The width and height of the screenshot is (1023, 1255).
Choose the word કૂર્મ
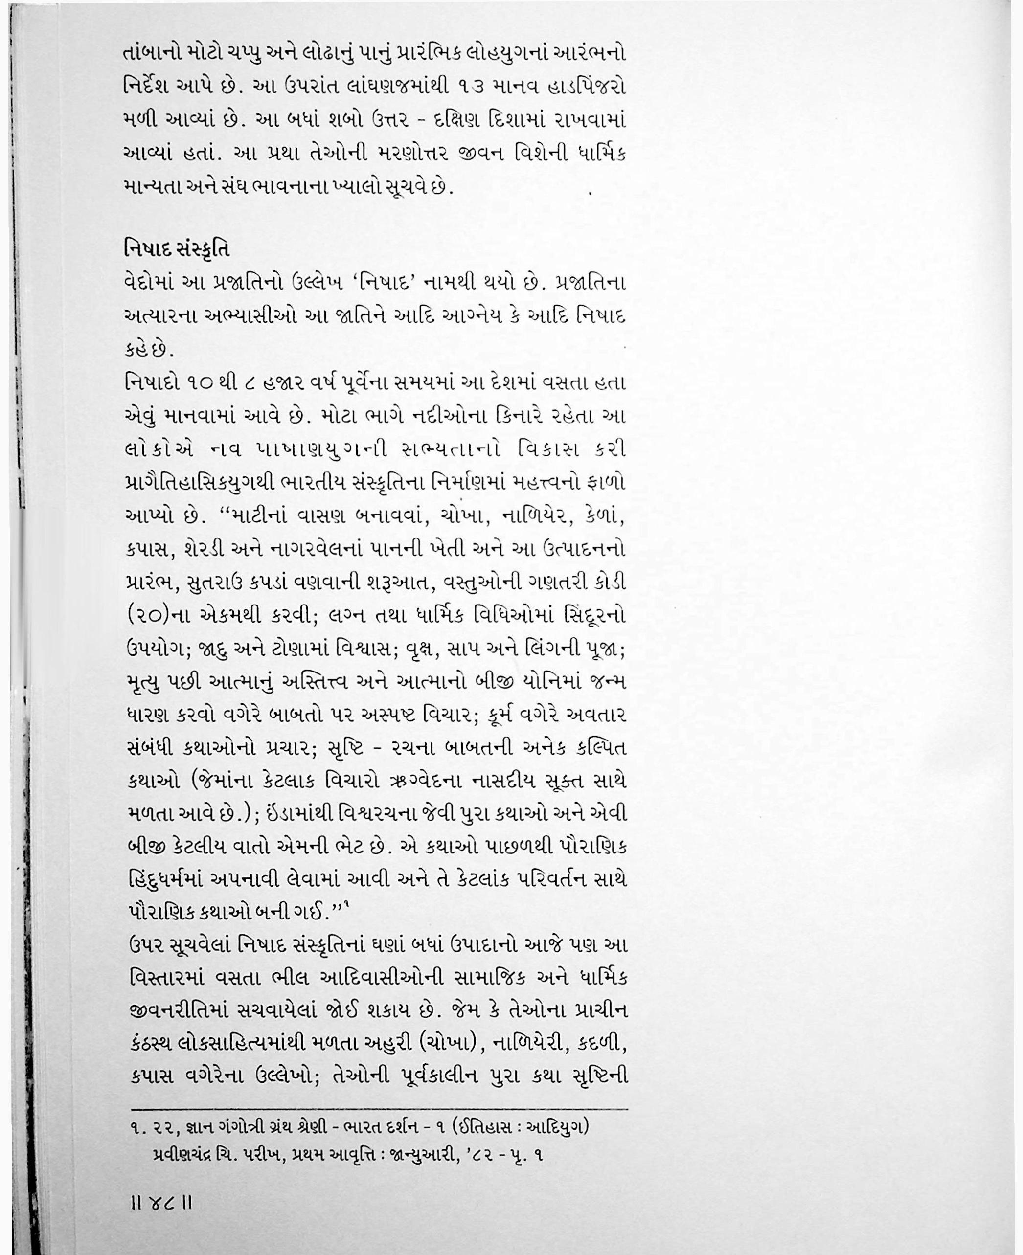(x=503, y=715)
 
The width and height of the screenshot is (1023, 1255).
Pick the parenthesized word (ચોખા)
(x=442, y=1044)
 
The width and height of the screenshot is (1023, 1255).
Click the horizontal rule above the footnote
(x=377, y=1109)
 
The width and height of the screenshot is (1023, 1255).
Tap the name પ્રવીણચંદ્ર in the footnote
(x=182, y=1154)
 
